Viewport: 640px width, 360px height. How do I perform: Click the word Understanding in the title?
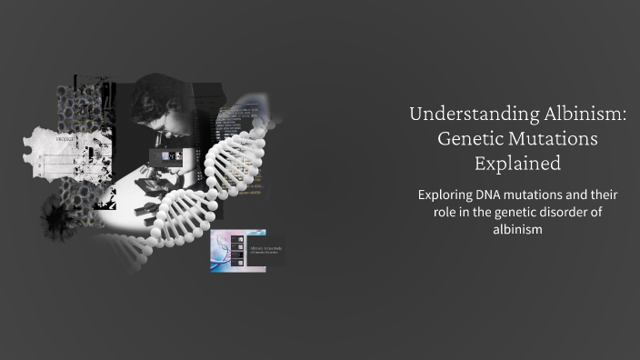coord(462,115)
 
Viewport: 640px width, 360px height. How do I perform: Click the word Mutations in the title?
coord(553,140)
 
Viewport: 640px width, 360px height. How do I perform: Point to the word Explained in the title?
coord(516,165)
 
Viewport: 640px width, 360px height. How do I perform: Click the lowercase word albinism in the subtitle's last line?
coord(516,229)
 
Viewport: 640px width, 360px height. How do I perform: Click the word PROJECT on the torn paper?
coord(65,140)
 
